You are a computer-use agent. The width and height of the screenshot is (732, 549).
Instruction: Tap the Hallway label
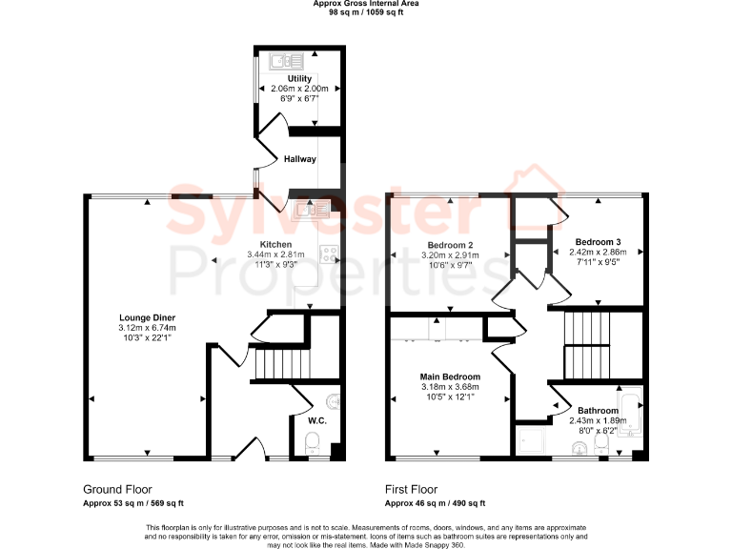point(299,159)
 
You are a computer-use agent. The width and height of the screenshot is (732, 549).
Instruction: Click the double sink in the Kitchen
point(312,211)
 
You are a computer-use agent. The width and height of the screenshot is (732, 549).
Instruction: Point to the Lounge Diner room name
point(147,317)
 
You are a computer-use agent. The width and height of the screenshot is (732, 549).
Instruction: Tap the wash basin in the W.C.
point(334,401)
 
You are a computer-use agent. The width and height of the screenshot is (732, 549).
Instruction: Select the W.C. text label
point(316,419)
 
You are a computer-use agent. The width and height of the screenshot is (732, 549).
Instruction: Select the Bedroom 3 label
point(598,242)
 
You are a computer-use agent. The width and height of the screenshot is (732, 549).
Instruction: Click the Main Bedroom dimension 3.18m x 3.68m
point(450,387)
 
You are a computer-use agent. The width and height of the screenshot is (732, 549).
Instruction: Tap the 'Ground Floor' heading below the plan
point(117,488)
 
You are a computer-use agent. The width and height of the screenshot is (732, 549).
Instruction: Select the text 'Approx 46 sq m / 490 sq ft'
point(435,503)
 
